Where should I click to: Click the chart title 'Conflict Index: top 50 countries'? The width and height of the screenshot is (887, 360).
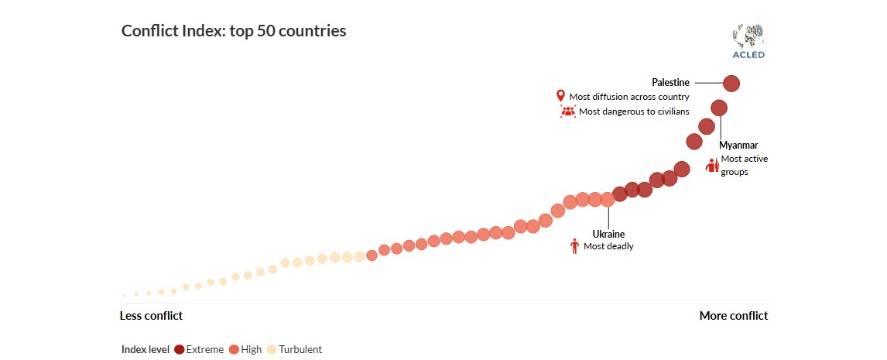point(234,31)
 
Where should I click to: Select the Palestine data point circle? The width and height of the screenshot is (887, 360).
point(731,83)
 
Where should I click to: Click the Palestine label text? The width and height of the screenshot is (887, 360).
point(670,82)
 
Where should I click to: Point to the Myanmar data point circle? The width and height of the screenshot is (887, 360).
point(719,108)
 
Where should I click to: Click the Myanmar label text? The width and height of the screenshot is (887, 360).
point(738,145)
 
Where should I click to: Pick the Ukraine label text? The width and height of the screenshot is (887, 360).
point(608,234)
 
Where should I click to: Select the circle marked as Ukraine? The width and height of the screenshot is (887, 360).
point(608,199)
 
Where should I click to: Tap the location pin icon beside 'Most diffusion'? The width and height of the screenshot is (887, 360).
point(561,96)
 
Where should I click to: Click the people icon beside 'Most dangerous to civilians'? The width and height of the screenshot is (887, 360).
point(568,111)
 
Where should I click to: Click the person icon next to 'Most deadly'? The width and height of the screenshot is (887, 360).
point(574,246)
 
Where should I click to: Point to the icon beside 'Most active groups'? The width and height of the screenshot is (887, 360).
point(712,165)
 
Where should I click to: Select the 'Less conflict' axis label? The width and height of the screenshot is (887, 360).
point(151,316)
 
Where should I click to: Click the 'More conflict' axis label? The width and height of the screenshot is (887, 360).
point(734,316)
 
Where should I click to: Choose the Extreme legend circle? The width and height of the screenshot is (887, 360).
point(180,349)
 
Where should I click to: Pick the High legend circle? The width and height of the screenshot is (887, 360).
point(234,349)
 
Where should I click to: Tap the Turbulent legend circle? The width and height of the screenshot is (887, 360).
point(272,349)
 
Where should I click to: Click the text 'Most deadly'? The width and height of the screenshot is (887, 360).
point(608,246)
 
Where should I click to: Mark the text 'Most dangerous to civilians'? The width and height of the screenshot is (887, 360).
point(634,111)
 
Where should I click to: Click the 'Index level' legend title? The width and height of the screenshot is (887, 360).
point(146,349)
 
